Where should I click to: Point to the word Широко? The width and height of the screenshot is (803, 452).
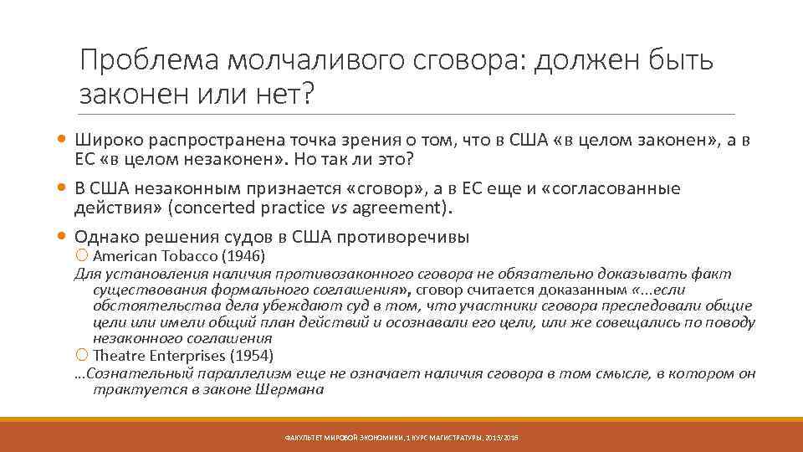[x=101, y=139]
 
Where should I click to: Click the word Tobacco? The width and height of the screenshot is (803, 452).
[x=179, y=255]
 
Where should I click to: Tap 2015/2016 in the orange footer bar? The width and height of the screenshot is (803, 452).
[x=503, y=438]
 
